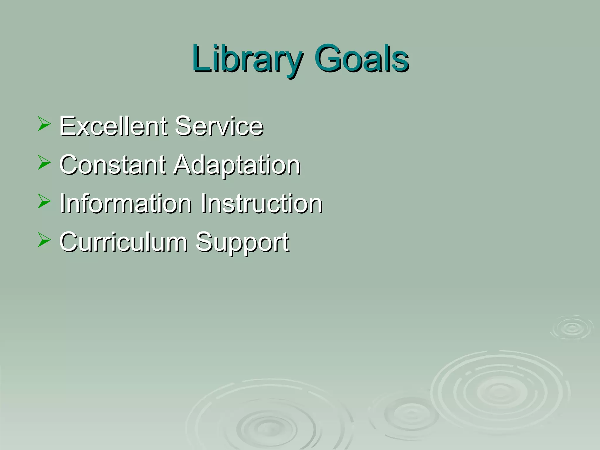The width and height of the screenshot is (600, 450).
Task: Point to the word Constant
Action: coord(113,165)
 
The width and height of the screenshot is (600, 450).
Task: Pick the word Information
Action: coord(126,203)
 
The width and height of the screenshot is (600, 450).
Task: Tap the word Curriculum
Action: coord(123,242)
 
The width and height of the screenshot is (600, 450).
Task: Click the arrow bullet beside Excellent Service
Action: coord(44,124)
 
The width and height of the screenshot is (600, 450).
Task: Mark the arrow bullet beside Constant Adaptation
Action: coord(44,163)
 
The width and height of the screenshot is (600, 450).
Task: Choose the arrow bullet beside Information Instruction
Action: coord(44,202)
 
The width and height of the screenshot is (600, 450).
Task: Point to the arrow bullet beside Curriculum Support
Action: coord(44,240)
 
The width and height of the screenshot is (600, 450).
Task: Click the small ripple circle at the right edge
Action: coord(572,328)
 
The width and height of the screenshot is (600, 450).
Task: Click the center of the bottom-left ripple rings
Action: coord(270,429)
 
